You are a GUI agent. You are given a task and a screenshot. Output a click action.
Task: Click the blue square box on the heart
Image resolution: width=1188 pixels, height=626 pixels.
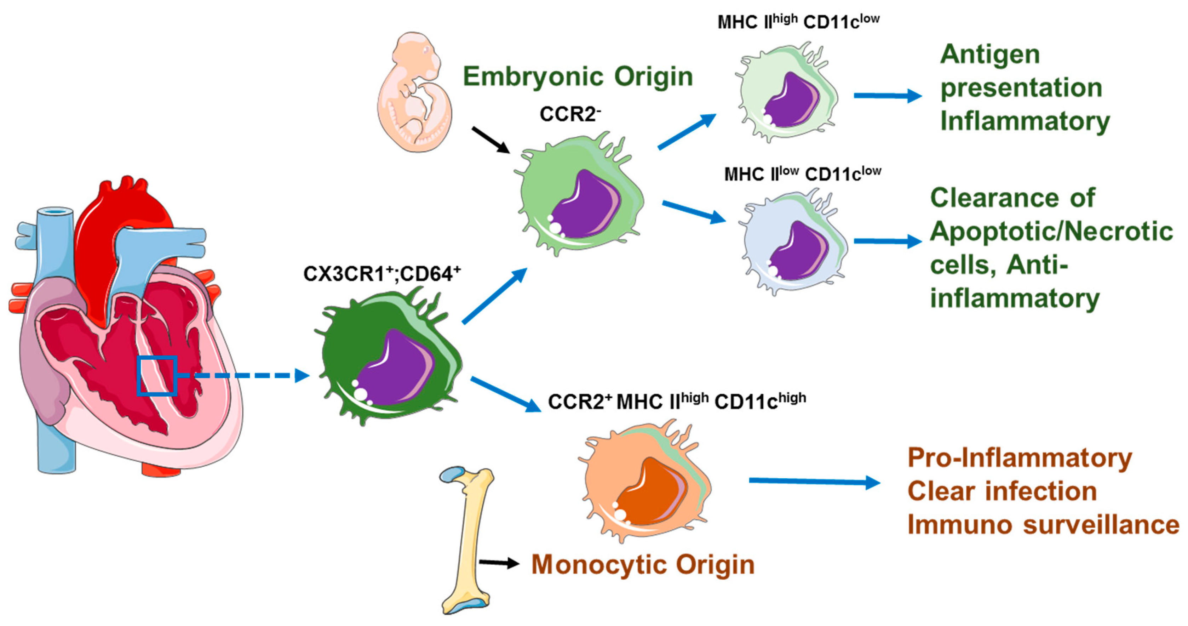157,376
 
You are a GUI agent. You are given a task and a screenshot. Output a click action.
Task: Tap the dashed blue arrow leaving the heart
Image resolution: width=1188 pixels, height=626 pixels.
245,376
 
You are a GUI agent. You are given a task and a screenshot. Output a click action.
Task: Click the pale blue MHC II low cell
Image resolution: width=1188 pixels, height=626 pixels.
793,242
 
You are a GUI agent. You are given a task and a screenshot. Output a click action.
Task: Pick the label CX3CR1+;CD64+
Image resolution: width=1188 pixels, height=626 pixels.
382,274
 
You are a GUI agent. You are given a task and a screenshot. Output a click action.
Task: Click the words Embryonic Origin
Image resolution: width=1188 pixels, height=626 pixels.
578,76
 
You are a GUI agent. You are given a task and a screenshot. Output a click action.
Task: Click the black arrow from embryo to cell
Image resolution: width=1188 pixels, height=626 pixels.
490,140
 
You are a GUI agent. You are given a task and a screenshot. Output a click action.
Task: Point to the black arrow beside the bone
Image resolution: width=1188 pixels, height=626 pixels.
499,563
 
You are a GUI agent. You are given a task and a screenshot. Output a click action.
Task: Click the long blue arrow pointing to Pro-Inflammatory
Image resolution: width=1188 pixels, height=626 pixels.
814,482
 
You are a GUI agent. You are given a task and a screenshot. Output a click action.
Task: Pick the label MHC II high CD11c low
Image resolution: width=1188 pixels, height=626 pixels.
798,22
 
